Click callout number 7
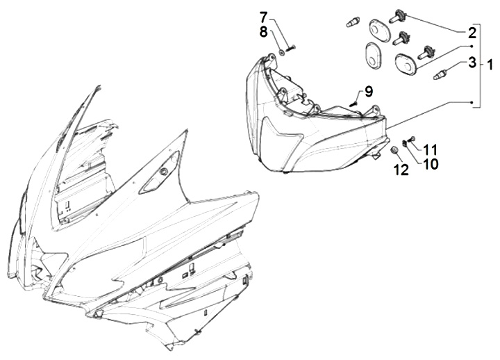tap(264, 17)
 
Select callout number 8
tap(263, 32)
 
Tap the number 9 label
tap(368, 92)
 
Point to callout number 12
tap(401, 170)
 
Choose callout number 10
tap(431, 164)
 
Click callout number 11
tap(430, 149)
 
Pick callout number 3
tap(472, 63)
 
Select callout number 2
tap(472, 33)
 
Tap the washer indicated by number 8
tap(282, 52)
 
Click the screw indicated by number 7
tap(291, 48)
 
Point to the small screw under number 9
tap(353, 103)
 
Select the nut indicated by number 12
tap(394, 150)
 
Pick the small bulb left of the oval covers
tap(353, 22)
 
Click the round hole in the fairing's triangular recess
tap(164, 172)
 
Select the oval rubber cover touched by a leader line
tap(405, 64)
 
